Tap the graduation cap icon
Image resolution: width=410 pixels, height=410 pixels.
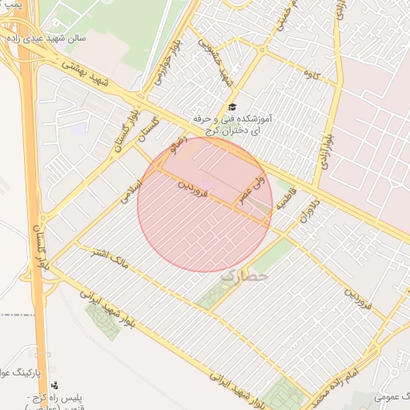click(232, 107)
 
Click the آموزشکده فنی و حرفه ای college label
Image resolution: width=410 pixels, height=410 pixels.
click(232, 123)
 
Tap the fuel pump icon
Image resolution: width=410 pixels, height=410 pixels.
click(54, 385)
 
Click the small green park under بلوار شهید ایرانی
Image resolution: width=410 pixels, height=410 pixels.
click(102, 321)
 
